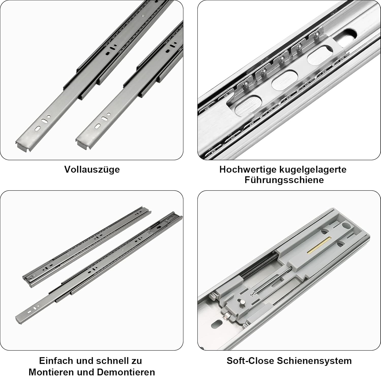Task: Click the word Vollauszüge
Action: point(92,169)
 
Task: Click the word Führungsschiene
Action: point(284,180)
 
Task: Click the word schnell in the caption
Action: point(110,361)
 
